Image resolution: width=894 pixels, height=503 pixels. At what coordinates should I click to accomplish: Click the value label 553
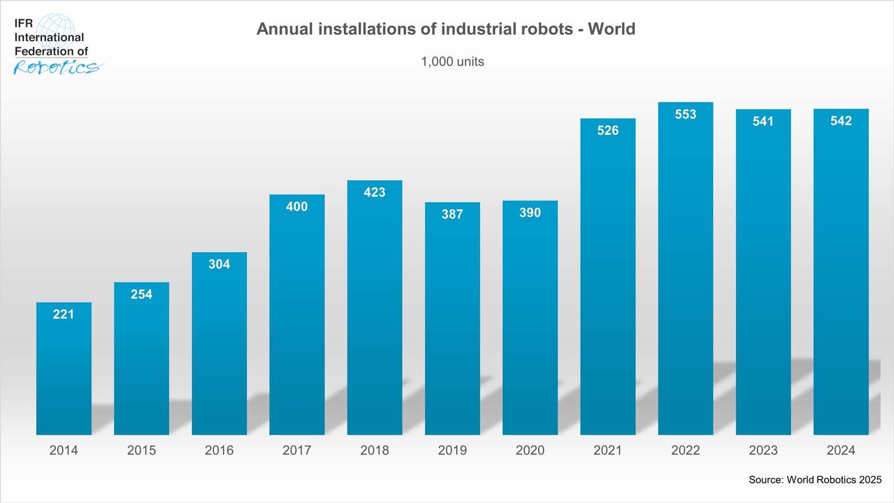pos(686,115)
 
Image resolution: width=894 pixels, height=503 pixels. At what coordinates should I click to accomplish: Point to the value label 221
pos(64,315)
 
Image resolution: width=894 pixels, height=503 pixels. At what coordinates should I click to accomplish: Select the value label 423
pos(374,193)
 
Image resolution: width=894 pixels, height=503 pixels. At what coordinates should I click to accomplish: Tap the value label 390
pos(530,213)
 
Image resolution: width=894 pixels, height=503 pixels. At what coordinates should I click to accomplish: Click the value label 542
pos(841,121)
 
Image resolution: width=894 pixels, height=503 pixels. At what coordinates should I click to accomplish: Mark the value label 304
pos(219,264)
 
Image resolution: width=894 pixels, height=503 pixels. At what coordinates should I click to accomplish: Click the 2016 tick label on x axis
pos(219,450)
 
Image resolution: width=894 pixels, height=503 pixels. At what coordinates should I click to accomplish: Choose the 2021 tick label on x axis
pos(607,450)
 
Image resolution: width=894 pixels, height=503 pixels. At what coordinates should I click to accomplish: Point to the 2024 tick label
pos(841,450)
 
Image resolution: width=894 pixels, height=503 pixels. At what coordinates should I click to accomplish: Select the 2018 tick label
pos(374,450)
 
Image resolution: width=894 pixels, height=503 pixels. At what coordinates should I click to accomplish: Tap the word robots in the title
pos(547,29)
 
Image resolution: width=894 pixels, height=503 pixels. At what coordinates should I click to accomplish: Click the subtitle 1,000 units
pos(452,62)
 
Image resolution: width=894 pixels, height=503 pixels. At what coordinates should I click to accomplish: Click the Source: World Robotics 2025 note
pos(815,480)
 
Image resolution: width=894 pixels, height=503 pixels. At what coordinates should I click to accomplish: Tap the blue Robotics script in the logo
pos(56,68)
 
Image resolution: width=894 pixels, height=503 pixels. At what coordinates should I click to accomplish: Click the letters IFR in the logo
pos(23,23)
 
